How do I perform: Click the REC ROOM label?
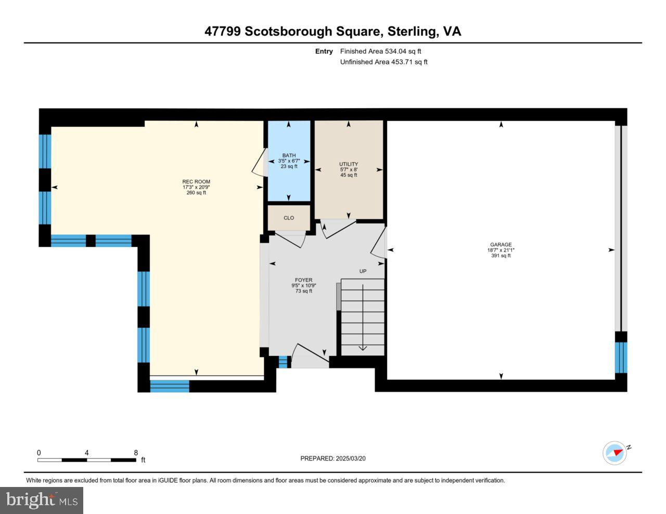tap(196, 181)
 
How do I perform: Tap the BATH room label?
tap(289, 155)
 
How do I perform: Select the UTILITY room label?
tap(349, 164)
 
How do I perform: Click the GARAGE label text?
tap(501, 244)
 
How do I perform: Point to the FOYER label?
tap(304, 280)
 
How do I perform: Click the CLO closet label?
tap(289, 218)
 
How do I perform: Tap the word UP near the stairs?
tap(363, 271)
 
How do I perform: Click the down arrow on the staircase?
tap(363, 347)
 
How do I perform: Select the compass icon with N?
tap(615, 453)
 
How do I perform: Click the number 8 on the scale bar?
tap(136, 453)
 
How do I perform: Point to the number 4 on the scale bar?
tap(86, 453)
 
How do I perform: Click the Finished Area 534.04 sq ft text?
tap(380, 51)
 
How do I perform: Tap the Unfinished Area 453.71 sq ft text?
tap(383, 62)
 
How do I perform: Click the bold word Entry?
tap(324, 51)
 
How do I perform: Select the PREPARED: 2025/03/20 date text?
tap(333, 458)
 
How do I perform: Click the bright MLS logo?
tap(42, 500)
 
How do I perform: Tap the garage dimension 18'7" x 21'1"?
tap(501, 250)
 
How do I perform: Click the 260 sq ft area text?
tap(196, 193)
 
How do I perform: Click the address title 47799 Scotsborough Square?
tap(292, 31)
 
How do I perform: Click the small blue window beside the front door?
tap(283, 362)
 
